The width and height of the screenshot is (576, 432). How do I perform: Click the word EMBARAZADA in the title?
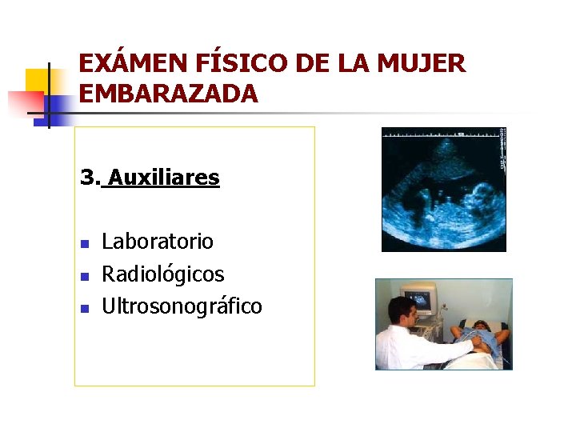169,94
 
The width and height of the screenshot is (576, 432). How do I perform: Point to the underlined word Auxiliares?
164,177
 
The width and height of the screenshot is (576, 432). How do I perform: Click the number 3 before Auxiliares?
87,177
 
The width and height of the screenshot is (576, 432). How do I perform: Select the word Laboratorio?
158,241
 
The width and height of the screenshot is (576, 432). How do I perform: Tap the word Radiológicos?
163,274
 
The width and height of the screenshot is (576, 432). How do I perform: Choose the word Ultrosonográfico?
182,306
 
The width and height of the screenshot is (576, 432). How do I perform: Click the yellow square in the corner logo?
37,80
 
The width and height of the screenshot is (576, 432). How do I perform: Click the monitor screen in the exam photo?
418,301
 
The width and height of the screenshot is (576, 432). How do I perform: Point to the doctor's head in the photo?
402,311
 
